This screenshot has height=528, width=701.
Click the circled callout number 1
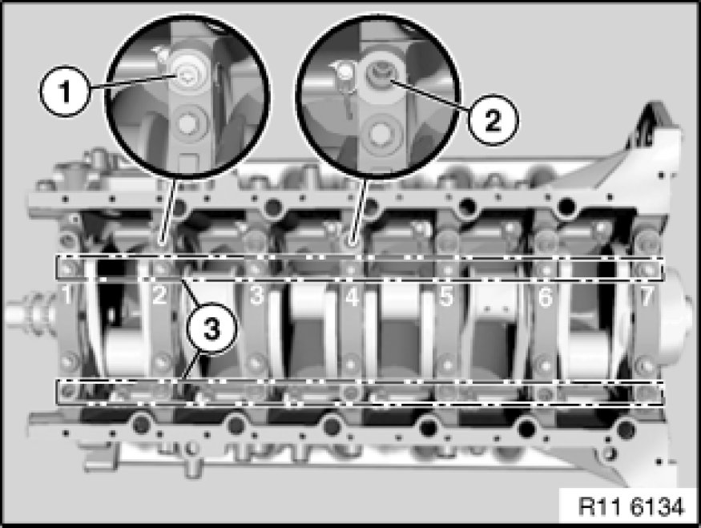tap(65, 91)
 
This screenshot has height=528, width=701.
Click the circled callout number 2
tap(494, 120)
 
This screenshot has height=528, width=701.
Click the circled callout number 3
tap(212, 329)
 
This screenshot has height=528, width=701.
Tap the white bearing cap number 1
tap(66, 295)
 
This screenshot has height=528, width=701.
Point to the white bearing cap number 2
tap(159, 295)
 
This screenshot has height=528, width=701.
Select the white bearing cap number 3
tap(256, 296)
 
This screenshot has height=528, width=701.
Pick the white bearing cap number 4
tap(353, 296)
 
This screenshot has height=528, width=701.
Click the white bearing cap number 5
tap(446, 296)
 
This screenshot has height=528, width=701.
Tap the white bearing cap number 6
tap(545, 296)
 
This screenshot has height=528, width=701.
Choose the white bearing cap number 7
tap(647, 296)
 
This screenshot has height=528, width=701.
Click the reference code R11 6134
tap(631, 507)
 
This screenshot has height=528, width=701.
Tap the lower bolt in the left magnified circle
tap(189, 123)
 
